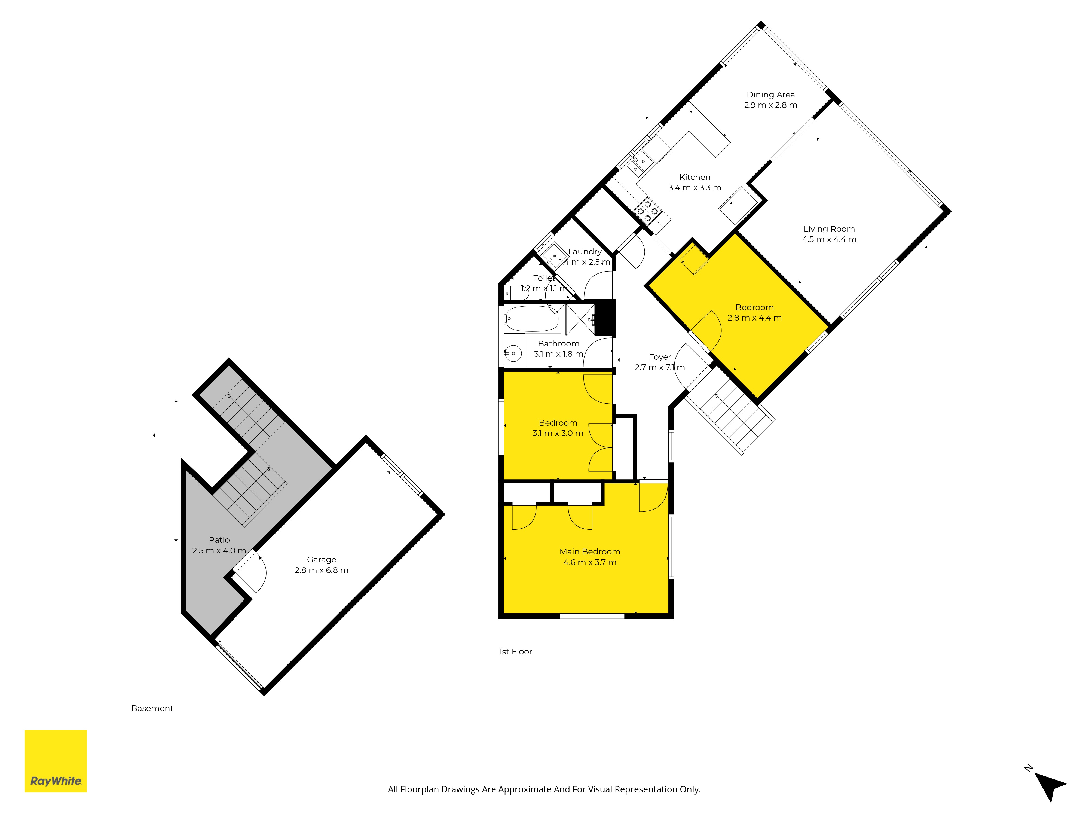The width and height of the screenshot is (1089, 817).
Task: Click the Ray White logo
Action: pos(56,761)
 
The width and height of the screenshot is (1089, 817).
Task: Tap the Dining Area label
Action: pos(770,94)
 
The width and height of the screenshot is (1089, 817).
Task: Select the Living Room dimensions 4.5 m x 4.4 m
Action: pos(829,239)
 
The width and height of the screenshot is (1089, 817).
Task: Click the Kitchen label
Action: pos(695,177)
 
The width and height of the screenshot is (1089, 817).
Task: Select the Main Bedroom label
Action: pos(590,551)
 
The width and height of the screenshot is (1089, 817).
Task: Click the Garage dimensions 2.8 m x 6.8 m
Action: pos(322,570)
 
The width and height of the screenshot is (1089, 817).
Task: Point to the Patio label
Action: pos(219,540)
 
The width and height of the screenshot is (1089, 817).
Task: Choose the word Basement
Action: pos(152,708)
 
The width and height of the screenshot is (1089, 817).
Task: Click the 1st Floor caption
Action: pos(515,651)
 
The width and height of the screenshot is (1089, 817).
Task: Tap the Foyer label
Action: pos(660,357)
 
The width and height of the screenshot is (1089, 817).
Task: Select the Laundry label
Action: pos(585,252)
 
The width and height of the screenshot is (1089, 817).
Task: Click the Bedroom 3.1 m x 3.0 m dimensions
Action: pos(558,433)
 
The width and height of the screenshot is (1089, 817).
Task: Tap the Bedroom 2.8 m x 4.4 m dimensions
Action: pos(754,318)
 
